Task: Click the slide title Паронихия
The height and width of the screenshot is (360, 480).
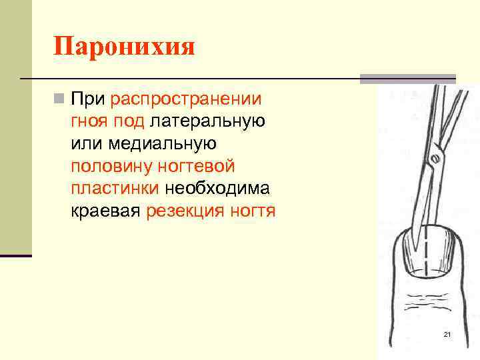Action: [124, 47]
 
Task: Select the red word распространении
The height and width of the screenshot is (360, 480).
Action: [186, 100]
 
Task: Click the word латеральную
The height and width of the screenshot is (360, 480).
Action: [208, 122]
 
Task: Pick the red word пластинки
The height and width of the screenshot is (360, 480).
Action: [115, 189]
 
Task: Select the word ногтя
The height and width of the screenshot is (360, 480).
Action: [253, 211]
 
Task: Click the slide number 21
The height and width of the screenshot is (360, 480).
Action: [447, 334]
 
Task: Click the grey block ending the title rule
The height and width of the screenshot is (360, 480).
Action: [407, 79]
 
